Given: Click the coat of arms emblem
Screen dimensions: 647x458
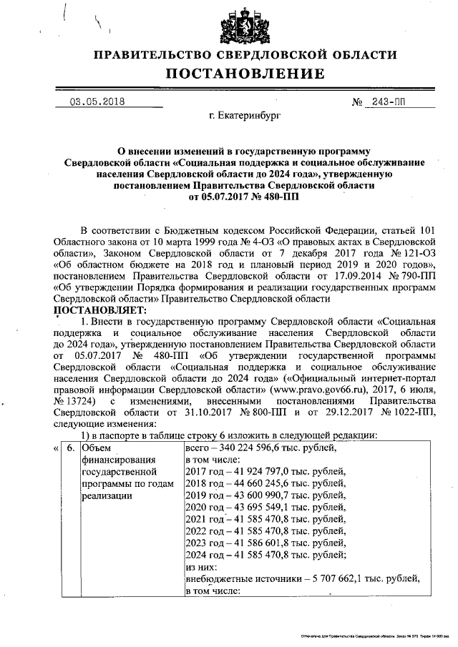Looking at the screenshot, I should point(245,26).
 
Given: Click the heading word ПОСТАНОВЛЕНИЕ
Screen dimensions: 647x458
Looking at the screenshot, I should point(245,74).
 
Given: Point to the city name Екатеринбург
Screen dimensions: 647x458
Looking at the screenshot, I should point(245,114).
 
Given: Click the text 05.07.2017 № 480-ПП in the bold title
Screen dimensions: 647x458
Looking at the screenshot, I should point(245,195).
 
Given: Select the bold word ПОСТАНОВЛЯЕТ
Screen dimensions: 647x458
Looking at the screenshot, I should point(100,310).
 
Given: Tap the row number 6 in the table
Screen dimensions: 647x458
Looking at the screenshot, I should point(69,448).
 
